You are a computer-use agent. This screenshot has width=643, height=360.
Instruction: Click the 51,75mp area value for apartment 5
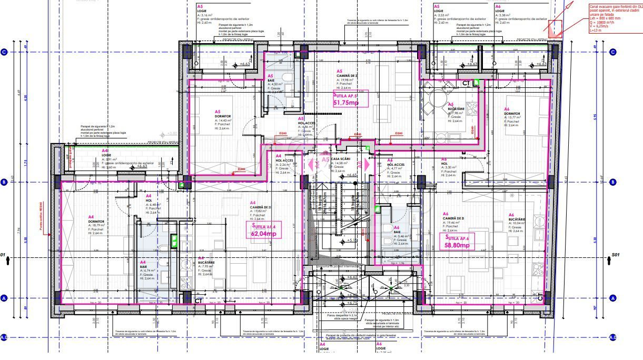click(x=345, y=103)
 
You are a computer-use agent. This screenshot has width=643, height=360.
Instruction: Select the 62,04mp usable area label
click(x=263, y=234)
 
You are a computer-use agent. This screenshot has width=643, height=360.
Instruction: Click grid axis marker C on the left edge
click(x=5, y=52)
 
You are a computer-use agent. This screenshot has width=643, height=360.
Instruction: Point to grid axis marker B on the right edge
click(x=613, y=182)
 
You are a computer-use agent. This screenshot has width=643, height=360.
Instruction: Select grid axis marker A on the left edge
click(x=5, y=298)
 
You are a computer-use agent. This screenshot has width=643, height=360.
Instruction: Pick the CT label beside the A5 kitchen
click(x=466, y=83)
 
